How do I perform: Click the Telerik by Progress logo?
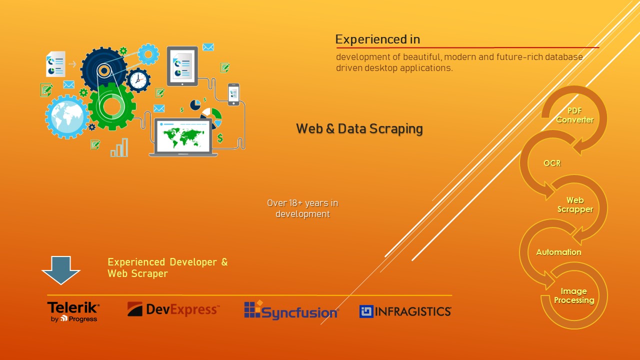73,311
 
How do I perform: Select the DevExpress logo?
173,309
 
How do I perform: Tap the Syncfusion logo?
291,310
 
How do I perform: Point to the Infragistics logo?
405,311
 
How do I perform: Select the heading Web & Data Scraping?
359,129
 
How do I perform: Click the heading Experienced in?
377,39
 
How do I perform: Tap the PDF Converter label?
574,115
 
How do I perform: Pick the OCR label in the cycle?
552,163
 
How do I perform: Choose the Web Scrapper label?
575,205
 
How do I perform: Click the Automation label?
558,252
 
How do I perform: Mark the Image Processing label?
573,296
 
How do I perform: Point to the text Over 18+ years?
302,203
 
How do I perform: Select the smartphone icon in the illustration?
233,94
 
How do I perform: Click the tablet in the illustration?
182,65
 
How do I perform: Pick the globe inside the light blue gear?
67,116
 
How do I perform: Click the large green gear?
112,106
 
